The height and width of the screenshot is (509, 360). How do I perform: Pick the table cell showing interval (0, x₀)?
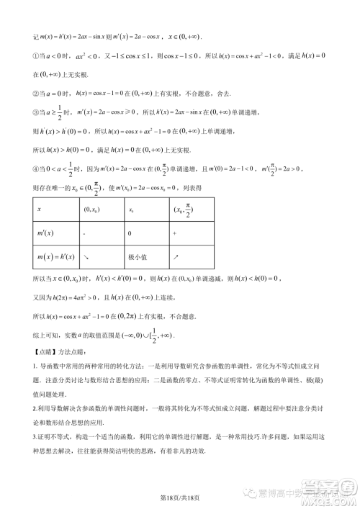[92, 209]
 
